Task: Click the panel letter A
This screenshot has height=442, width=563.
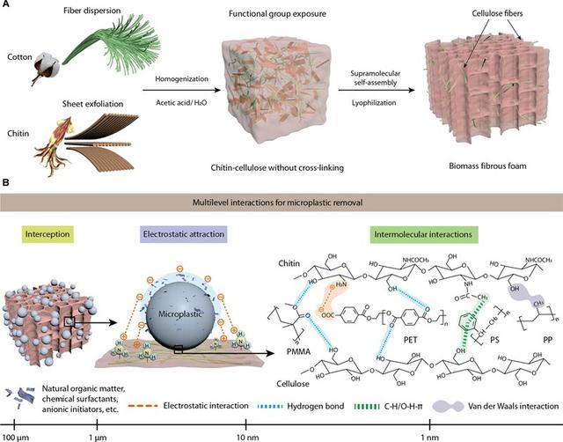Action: tap(7, 6)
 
